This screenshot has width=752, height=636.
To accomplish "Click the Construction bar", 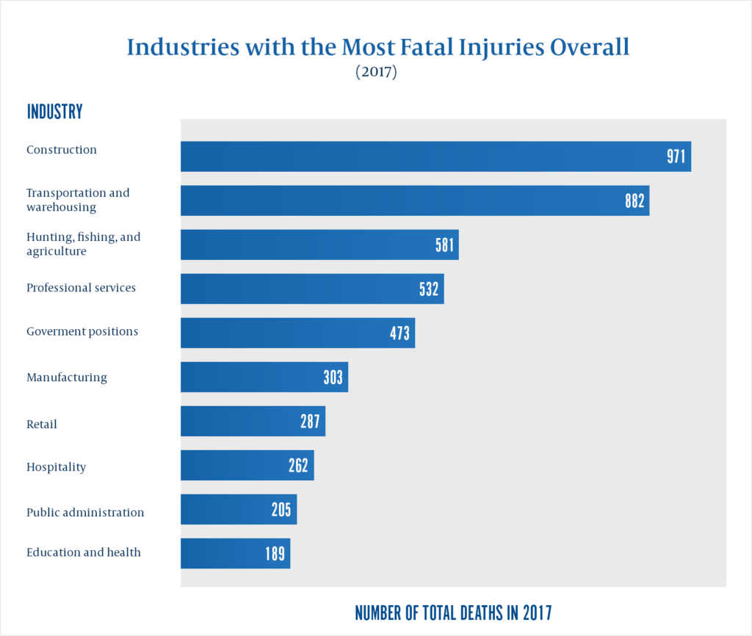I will [x=435, y=156].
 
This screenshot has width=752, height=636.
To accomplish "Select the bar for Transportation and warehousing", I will [x=415, y=200].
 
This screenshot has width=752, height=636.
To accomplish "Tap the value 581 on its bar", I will [x=445, y=245].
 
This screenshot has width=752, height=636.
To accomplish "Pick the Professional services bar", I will [x=312, y=289].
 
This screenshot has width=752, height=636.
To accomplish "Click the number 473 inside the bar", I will [x=399, y=333].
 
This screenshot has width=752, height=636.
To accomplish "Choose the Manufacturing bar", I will [x=264, y=377].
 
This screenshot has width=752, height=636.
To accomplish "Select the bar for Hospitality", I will [x=247, y=466].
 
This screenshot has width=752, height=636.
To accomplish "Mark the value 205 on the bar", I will [x=281, y=510].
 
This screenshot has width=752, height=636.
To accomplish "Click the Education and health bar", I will [x=235, y=554].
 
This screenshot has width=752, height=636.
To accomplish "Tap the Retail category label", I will [x=42, y=424].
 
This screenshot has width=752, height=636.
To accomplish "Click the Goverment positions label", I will [x=82, y=331].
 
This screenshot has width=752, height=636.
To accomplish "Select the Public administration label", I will [x=85, y=512].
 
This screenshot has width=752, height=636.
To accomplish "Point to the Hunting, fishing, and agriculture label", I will [x=83, y=244].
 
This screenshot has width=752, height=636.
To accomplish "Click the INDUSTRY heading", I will [x=54, y=112].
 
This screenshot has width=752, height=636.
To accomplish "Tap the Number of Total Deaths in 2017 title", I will [x=453, y=612].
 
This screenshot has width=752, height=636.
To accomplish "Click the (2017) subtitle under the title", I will [x=376, y=73].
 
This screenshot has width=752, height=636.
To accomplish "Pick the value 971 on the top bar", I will [x=676, y=156].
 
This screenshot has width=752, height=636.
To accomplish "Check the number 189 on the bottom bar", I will [x=275, y=554].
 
